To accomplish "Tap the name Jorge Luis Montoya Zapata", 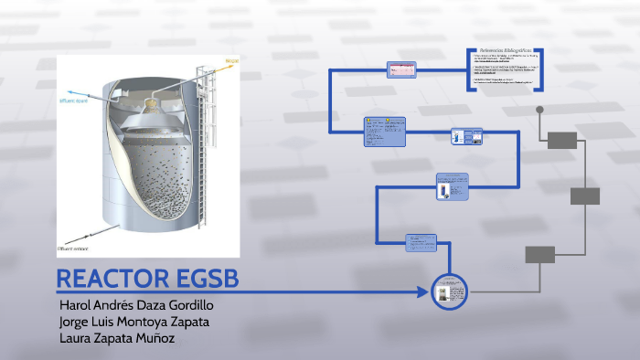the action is point(133,322).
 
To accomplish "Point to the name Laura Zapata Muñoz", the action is point(116,339).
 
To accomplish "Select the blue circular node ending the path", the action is point(448,293).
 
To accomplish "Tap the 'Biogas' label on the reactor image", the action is point(231,61).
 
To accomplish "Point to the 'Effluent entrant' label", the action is point(73,248).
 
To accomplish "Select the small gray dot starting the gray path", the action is point(539,110).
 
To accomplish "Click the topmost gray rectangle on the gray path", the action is point(562,140).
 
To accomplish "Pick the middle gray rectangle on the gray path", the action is point(585,196).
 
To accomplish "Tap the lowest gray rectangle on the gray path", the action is point(540,255).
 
